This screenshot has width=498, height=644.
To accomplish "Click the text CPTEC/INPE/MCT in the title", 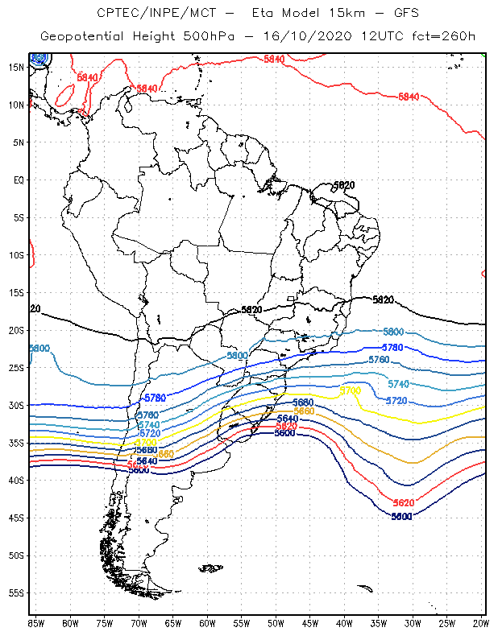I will [148, 13].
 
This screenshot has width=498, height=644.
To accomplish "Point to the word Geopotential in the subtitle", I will [85, 37].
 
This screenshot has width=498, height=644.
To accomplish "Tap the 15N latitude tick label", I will [16, 67].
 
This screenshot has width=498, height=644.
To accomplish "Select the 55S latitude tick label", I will [16, 592].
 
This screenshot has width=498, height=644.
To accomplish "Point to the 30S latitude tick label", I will [16, 405].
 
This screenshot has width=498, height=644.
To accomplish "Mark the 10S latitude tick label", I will [16, 254].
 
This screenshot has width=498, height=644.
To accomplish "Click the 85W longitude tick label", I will [36, 623].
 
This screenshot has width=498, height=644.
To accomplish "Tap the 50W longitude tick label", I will [276, 623].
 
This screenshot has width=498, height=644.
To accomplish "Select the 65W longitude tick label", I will [173, 623].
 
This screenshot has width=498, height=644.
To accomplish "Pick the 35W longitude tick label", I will [379, 623].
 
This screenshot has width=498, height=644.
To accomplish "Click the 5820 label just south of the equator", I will [343, 185].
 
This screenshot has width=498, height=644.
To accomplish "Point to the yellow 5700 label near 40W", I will [350, 390].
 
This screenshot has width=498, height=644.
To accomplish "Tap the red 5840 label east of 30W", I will [409, 97].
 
